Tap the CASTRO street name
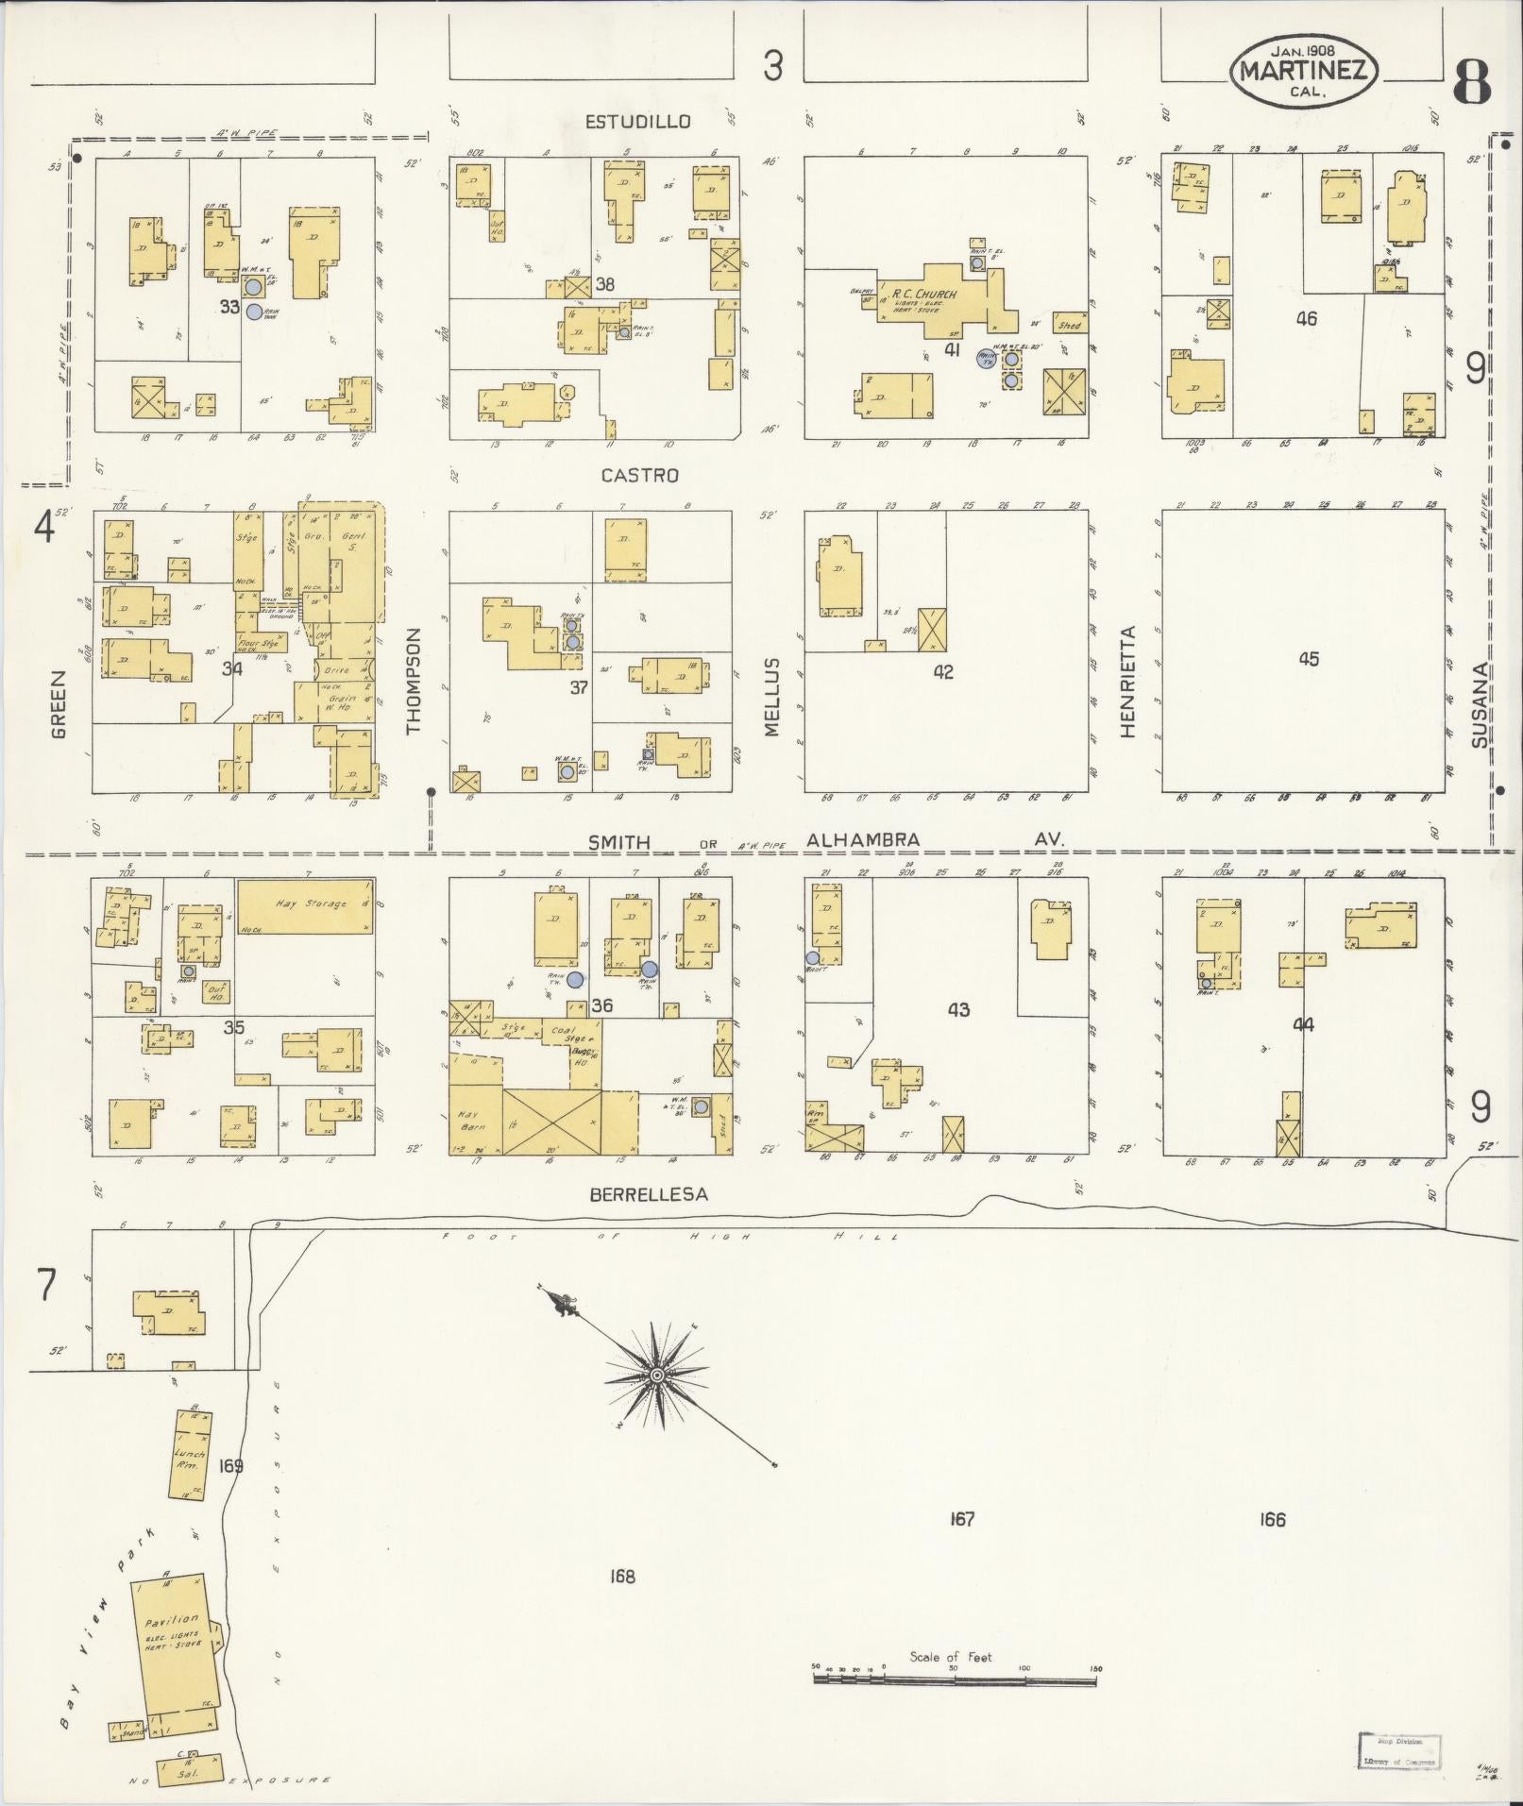pyautogui.click(x=639, y=476)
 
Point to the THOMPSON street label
pyautogui.click(x=413, y=682)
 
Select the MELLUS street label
pyautogui.click(x=772, y=697)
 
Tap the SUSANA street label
pyautogui.click(x=1480, y=704)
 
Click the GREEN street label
pyautogui.click(x=59, y=704)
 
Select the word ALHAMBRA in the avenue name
pyautogui.click(x=863, y=840)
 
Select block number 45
pyautogui.click(x=1308, y=659)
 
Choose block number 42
pyautogui.click(x=942, y=671)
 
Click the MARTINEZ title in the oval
pyautogui.click(x=1303, y=71)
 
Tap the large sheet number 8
pyautogui.click(x=1470, y=82)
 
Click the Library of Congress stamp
pyautogui.click(x=1399, y=1748)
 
